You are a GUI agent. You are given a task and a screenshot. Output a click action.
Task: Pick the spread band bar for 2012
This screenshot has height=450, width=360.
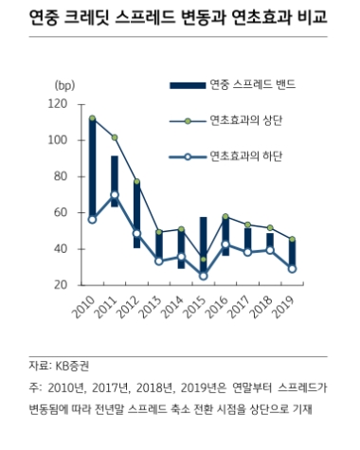137,214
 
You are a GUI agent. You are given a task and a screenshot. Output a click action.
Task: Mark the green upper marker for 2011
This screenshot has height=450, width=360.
115,138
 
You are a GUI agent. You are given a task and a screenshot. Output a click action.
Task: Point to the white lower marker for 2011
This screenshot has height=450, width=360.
115,195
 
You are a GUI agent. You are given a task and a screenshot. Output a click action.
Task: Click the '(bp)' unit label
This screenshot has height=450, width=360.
68,85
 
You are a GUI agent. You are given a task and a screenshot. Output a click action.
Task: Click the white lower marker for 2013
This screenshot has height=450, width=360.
160,261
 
